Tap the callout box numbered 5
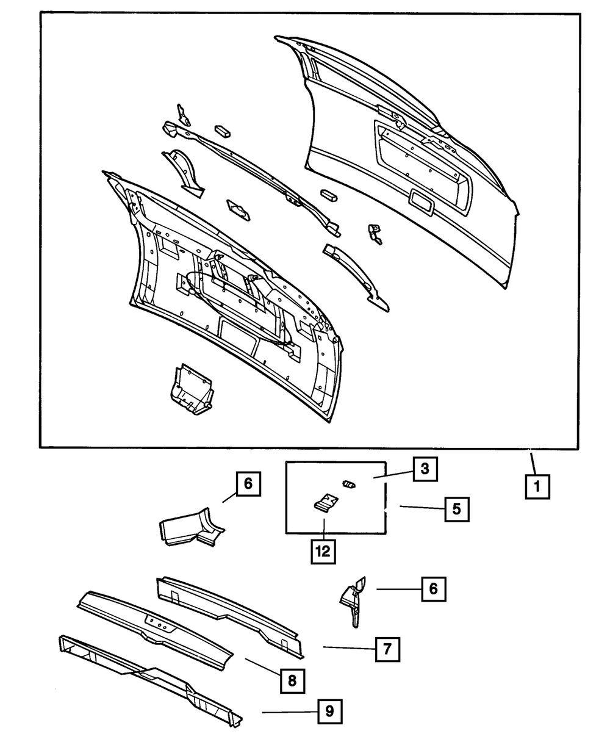coord(457,508)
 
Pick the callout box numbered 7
coord(387,649)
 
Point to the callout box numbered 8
coord(292,680)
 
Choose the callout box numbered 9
coord(329,711)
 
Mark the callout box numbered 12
coord(323,550)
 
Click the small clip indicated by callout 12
coord(325,503)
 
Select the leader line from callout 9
coord(289,712)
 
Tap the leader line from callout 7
coord(348,648)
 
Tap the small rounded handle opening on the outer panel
coord(422,201)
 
